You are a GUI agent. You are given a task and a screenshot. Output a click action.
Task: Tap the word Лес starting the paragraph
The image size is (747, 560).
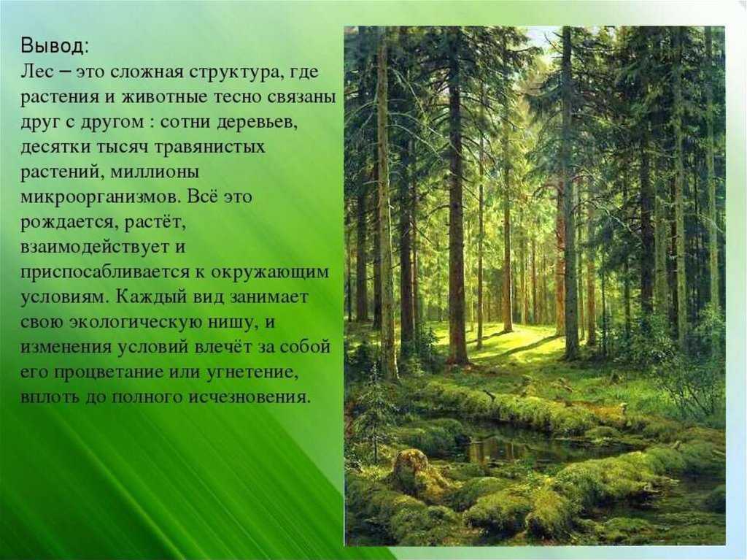(x=34, y=72)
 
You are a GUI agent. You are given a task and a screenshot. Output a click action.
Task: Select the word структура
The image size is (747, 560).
(x=231, y=72)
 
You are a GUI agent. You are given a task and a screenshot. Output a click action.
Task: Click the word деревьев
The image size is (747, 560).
(x=257, y=122)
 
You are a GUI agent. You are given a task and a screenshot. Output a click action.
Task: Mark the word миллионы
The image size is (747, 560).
(x=152, y=172)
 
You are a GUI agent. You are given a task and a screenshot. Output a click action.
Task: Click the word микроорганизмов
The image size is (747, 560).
(x=99, y=197)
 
